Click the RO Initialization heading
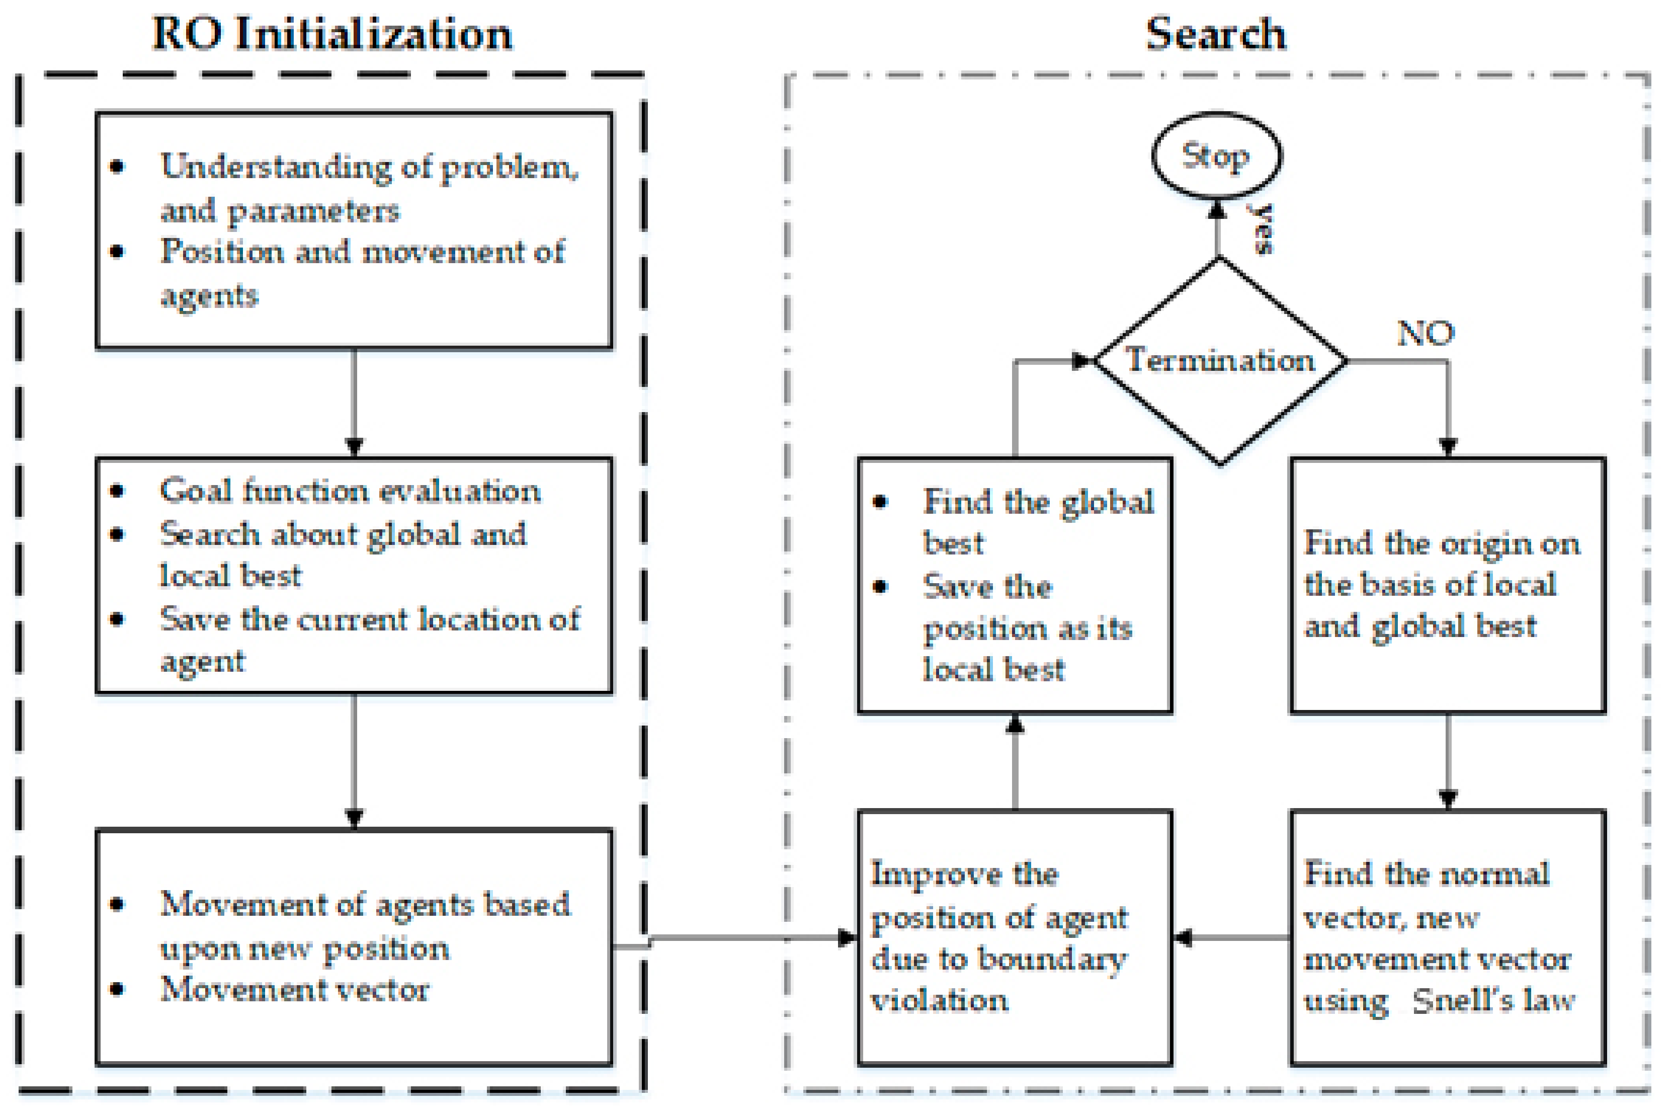pyautogui.click(x=332, y=34)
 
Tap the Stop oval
pyautogui.click(x=1216, y=155)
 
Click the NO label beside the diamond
pyautogui.click(x=1425, y=333)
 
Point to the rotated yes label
pyautogui.click(x=1262, y=228)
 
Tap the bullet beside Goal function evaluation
pyautogui.click(x=118, y=491)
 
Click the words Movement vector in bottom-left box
pyautogui.click(x=294, y=989)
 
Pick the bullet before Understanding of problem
pyautogui.click(x=118, y=167)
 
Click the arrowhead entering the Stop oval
pyautogui.click(x=1218, y=209)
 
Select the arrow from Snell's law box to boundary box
pyautogui.click(x=1231, y=938)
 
